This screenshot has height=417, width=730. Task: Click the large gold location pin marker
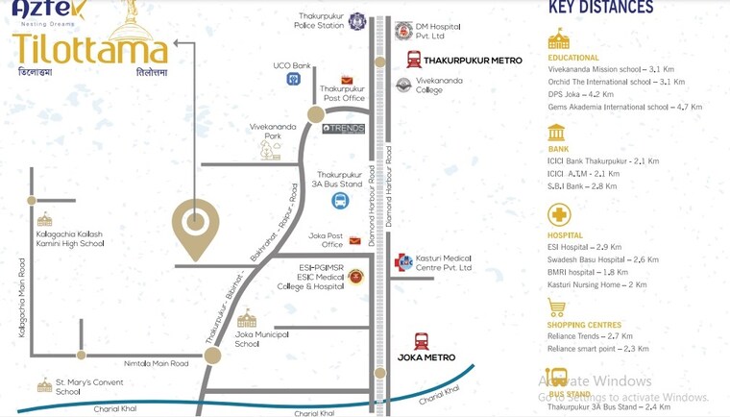pos(195,227)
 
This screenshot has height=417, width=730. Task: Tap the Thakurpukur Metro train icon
pos(413,60)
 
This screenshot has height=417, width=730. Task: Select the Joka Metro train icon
pos(421,341)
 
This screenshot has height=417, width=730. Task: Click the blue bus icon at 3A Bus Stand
pos(340,201)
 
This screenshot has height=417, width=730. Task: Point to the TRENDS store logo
pos(343,128)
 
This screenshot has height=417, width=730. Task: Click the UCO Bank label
pos(292,65)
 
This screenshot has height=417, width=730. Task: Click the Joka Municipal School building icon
pos(247,318)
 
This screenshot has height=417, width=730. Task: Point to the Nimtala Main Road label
pos(157,363)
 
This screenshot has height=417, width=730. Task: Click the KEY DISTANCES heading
pos(600,8)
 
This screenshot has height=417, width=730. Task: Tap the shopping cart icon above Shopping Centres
pos(556,308)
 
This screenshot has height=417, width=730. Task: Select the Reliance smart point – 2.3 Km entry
pos(598,349)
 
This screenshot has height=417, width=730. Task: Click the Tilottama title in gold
pos(89,47)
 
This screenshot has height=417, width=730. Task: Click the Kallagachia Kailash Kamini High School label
pos(69,238)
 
